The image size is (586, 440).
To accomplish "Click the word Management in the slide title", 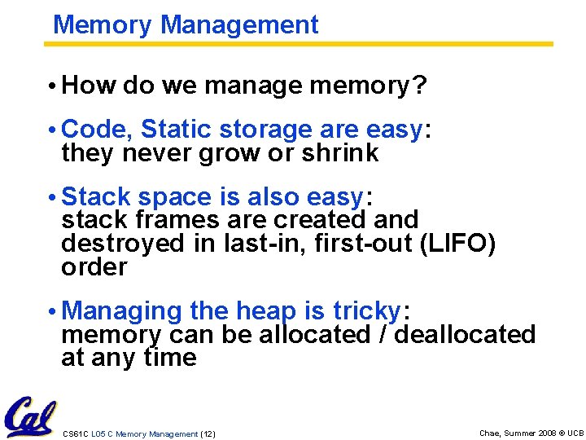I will point(240,24).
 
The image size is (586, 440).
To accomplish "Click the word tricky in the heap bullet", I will point(367,310).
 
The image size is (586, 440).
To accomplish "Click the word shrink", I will point(338,153).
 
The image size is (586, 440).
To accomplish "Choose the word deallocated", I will point(465,334).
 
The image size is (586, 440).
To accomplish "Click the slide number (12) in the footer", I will point(208,434).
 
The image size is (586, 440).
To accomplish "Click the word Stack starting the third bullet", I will point(97,196).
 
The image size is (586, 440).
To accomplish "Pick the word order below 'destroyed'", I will point(94,267).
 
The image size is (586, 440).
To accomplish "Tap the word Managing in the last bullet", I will point(122,311).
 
